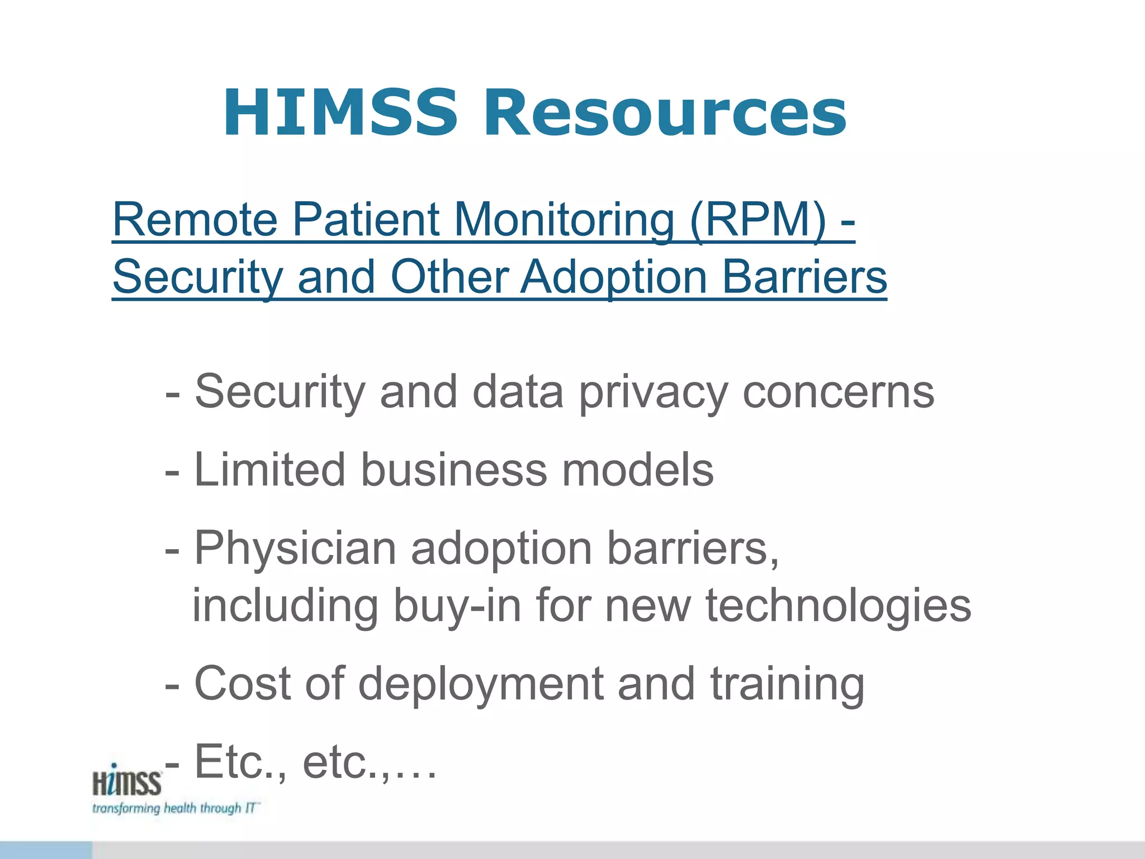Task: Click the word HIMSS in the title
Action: coord(340,113)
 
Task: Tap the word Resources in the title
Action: coord(665,113)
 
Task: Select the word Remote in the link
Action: coord(195,219)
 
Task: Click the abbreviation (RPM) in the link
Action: coord(757,219)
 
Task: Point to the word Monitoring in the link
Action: coord(564,219)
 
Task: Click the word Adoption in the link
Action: coord(614,277)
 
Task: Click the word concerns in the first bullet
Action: coord(838,393)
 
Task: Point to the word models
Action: coord(637,470)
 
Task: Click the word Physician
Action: coord(295,549)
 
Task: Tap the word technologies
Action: coord(838,606)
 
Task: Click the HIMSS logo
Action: coord(127,781)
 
